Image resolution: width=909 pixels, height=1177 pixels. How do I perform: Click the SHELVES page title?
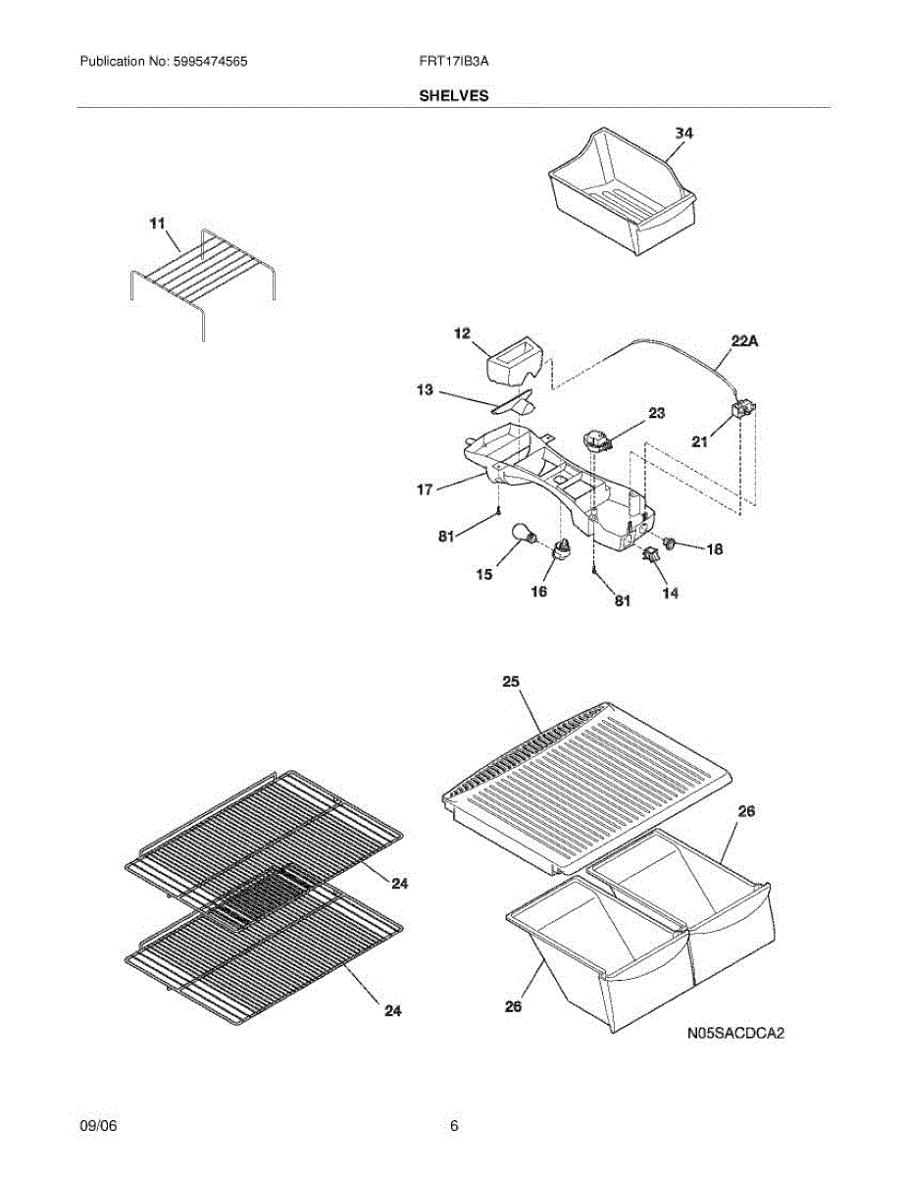[x=454, y=96]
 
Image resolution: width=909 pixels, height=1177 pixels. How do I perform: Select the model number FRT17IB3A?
[x=453, y=61]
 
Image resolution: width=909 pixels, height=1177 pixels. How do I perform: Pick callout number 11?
[x=157, y=225]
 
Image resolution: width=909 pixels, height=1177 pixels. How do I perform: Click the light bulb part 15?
[x=527, y=534]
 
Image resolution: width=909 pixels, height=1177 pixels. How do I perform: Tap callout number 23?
[x=657, y=414]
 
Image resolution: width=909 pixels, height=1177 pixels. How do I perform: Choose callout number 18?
[x=714, y=550]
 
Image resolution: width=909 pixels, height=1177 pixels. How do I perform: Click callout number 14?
[x=670, y=592]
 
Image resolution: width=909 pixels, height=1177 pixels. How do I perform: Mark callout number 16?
[x=538, y=591]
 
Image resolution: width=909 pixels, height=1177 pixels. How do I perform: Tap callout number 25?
[x=511, y=681]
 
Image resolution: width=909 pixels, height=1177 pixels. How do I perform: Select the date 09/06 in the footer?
[x=98, y=1126]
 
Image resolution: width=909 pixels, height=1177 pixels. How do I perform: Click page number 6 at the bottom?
[x=454, y=1126]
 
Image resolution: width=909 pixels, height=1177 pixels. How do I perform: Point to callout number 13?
[x=424, y=390]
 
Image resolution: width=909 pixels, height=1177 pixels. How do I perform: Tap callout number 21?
[x=699, y=442]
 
